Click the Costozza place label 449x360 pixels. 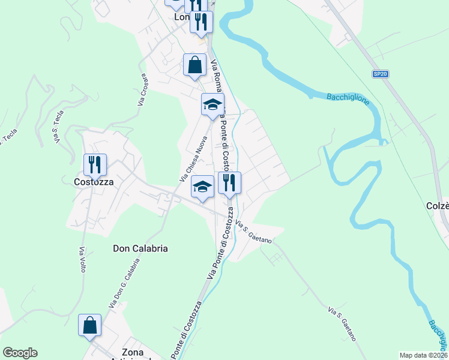[x=94, y=181]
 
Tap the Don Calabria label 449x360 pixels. [x=140, y=248]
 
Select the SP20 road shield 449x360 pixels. [x=380, y=74]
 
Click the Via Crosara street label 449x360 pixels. [x=143, y=91]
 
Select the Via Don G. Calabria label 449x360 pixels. [x=124, y=284]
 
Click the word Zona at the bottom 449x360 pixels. [x=133, y=352]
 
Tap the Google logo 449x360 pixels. [x=20, y=353]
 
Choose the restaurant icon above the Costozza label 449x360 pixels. [x=95, y=164]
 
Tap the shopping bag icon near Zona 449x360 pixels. [x=89, y=325]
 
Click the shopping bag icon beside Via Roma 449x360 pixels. [x=195, y=64]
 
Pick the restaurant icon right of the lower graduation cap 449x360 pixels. [x=229, y=183]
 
